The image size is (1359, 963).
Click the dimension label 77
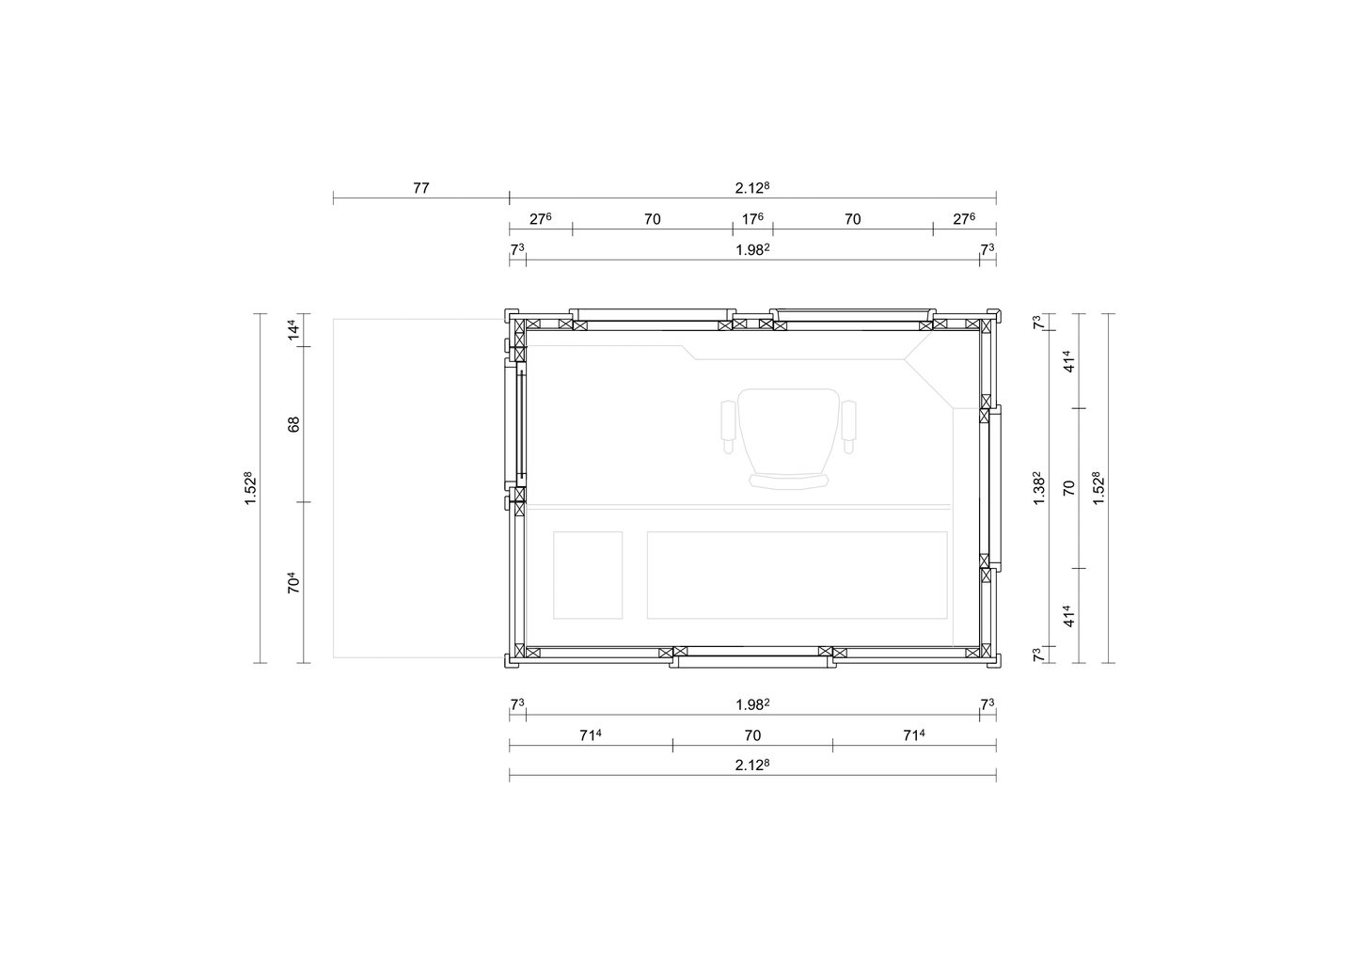(421, 188)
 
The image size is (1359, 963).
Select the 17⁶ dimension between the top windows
(752, 219)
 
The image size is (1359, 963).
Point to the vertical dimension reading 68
(293, 424)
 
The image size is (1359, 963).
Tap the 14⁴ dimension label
(293, 330)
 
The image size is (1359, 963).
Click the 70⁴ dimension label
(293, 582)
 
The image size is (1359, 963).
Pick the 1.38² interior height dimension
(1038, 488)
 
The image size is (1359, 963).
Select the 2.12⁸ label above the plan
(752, 188)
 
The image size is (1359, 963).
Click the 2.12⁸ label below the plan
(752, 766)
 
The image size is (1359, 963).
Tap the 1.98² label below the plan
(752, 704)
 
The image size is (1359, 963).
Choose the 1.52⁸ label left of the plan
(250, 488)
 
